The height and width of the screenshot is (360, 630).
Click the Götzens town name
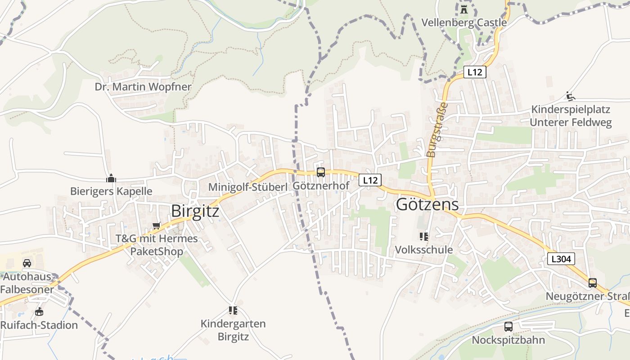click(427, 205)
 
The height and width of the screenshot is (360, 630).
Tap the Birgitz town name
click(195, 211)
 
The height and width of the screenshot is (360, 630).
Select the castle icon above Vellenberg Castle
click(464, 9)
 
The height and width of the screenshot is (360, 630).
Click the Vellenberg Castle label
click(464, 22)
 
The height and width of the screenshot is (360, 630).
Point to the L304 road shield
click(561, 259)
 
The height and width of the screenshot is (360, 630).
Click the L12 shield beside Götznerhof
click(370, 180)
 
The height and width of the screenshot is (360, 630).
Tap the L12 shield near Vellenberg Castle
click(475, 72)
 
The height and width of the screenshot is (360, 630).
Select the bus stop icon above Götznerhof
click(320, 172)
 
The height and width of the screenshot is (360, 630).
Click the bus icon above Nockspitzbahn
click(508, 327)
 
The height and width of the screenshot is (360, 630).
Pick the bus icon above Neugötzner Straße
click(593, 283)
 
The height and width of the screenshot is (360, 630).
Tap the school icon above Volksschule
click(423, 236)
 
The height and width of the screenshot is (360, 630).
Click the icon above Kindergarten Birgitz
click(233, 310)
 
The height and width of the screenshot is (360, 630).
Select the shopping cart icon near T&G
click(156, 225)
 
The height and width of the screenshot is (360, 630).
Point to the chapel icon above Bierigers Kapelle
click(111, 178)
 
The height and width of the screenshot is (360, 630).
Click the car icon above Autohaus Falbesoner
click(27, 263)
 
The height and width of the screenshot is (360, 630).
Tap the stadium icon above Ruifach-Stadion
click(39, 311)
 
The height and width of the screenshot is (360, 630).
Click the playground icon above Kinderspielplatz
click(570, 96)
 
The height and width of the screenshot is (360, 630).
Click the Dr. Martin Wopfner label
click(143, 86)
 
